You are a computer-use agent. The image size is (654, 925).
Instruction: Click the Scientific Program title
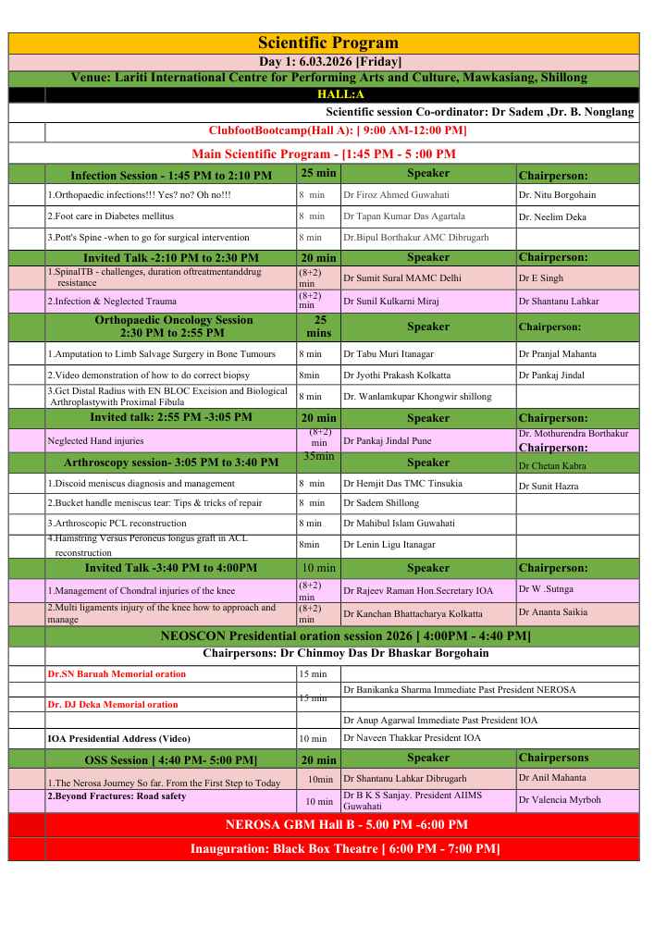tap(328, 43)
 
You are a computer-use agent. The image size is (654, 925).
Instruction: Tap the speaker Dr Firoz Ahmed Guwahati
tap(396, 195)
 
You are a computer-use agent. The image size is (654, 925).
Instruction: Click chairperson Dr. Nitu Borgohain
tap(557, 195)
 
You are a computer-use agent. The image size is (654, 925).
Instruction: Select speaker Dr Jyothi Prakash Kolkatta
tap(397, 376)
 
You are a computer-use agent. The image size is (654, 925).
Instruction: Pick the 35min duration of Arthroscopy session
tap(318, 456)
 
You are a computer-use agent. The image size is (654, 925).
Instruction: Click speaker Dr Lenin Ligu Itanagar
tap(389, 546)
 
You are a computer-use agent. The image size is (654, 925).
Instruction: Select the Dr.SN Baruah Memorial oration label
tap(117, 674)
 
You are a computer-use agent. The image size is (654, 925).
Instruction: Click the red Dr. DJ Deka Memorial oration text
tap(113, 705)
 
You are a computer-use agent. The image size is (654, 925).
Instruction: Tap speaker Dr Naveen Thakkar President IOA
tap(412, 738)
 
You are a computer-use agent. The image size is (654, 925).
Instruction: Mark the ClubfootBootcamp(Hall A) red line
tap(338, 130)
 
